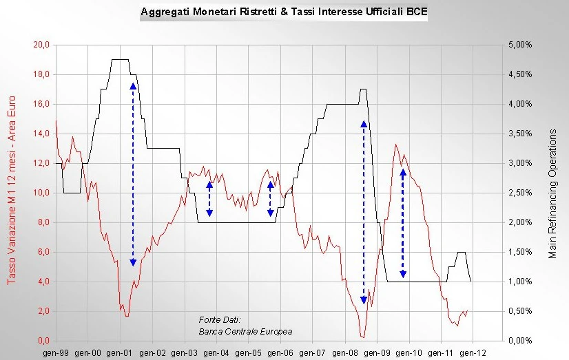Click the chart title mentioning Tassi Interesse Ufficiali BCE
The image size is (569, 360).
click(x=283, y=12)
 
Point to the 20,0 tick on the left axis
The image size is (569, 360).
click(x=42, y=45)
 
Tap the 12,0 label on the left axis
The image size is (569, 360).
click(x=42, y=163)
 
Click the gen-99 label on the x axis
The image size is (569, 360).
click(x=57, y=352)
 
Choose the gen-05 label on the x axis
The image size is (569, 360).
click(x=249, y=352)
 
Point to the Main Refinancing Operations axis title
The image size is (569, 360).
click(x=552, y=193)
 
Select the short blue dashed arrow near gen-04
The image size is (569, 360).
click(x=209, y=199)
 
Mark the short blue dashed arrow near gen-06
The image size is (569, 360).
click(x=271, y=199)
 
